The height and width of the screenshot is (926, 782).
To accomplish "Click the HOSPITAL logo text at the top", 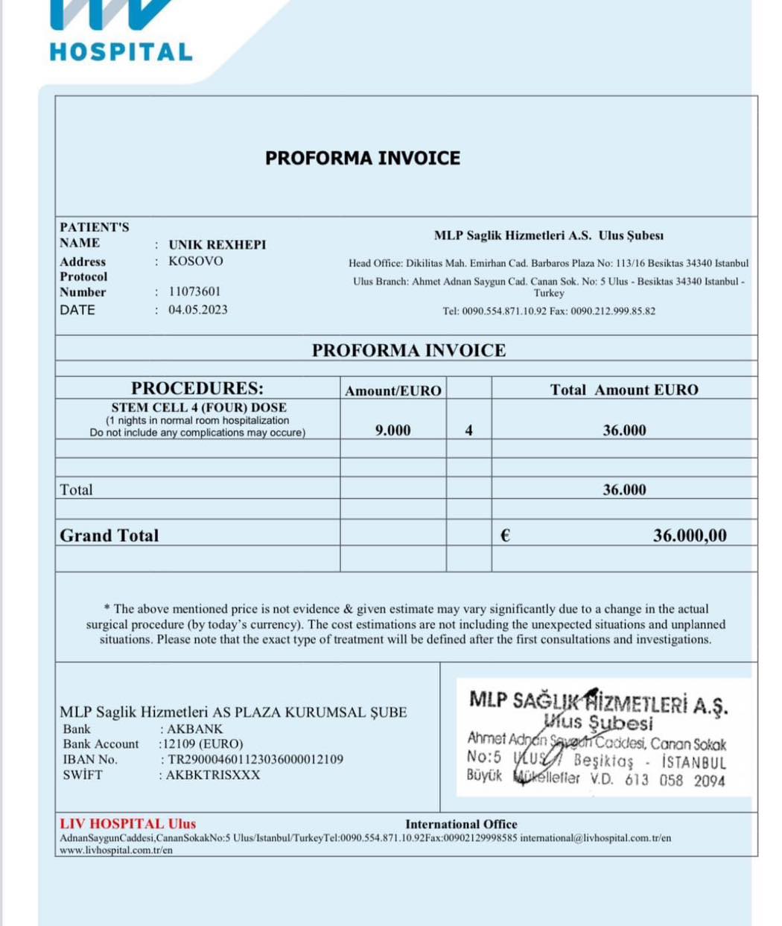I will (x=121, y=52).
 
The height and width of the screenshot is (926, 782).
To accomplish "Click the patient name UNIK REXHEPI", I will (x=217, y=245).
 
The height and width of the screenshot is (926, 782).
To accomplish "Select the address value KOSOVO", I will (x=195, y=261).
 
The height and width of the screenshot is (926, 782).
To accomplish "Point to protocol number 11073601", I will (x=194, y=292).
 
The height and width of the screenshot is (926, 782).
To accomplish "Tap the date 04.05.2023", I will (x=198, y=310).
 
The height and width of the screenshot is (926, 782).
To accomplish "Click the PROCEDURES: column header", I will (x=197, y=388).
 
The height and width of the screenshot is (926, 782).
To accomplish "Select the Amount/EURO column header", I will (x=392, y=390).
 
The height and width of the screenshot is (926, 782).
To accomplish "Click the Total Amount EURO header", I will (x=624, y=390).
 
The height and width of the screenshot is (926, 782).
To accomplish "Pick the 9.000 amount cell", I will (x=392, y=431).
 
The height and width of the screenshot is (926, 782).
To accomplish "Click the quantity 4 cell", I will (x=468, y=431).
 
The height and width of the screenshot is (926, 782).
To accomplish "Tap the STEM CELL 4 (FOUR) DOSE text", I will (x=199, y=407).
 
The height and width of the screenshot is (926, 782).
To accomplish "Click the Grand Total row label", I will (x=109, y=536).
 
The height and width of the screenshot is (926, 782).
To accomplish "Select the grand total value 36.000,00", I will (x=690, y=536).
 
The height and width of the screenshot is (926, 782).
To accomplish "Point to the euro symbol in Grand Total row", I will (x=505, y=536).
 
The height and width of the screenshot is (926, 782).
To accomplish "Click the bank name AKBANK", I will (x=194, y=729).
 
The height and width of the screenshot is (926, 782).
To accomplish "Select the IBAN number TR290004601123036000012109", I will (x=255, y=760).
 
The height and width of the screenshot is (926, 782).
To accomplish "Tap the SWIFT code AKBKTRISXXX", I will (x=213, y=776).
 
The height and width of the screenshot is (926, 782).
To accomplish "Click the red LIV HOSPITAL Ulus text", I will (x=128, y=824).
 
